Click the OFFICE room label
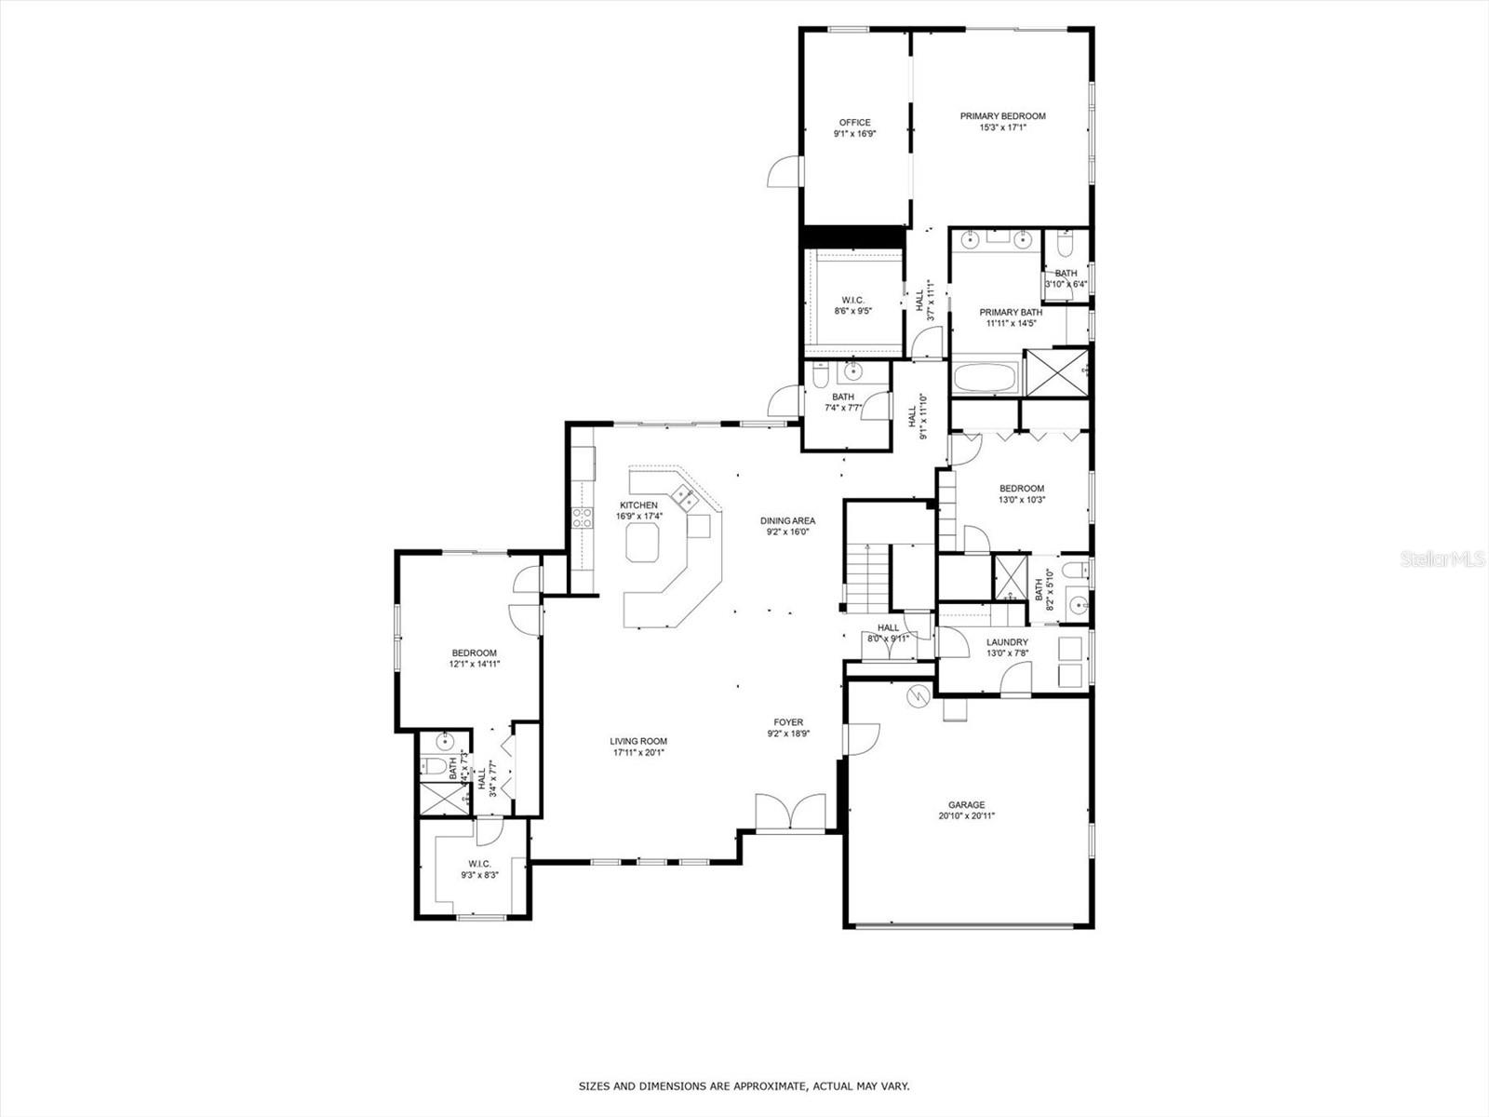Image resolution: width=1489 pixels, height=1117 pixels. tap(854, 123)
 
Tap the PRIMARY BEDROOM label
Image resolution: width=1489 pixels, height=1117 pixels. tap(1002, 116)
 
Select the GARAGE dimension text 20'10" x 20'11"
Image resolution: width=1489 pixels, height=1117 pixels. tap(966, 816)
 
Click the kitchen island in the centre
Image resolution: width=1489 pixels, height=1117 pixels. tap(642, 542)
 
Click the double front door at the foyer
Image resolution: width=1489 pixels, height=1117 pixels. tap(790, 813)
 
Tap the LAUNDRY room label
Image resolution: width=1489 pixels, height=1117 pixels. tap(1007, 642)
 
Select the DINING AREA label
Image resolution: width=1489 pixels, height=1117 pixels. tap(787, 521)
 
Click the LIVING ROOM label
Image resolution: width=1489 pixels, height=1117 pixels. tap(639, 742)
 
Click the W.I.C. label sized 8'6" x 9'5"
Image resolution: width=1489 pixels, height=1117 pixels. tap(852, 300)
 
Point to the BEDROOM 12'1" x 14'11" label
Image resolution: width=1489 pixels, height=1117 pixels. tap(474, 653)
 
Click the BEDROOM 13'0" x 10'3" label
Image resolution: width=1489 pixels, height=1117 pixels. tap(1021, 489)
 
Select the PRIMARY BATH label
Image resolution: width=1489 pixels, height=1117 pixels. tap(1009, 313)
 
